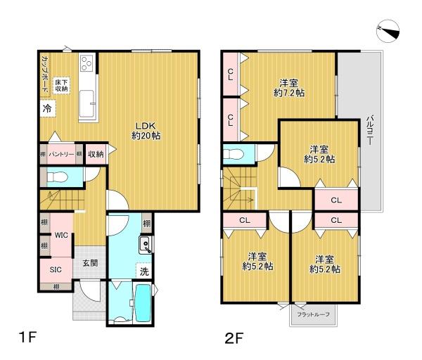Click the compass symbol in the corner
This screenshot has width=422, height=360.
(388, 31)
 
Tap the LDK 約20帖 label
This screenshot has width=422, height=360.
(146, 131)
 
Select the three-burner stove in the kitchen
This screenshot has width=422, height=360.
(87, 63)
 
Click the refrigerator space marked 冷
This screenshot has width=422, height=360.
(48, 108)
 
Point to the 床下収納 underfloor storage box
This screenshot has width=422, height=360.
(62, 86)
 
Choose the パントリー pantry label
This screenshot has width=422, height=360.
(61, 154)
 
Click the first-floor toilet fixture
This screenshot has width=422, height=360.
(57, 177)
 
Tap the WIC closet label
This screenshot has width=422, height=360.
(61, 235)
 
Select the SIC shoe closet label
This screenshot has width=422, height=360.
(56, 269)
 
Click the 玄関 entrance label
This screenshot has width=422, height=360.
(90, 263)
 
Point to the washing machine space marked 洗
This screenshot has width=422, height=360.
(144, 271)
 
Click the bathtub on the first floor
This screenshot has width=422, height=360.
(143, 303)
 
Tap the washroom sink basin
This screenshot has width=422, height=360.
(146, 245)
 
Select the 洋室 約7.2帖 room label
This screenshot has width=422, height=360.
(289, 88)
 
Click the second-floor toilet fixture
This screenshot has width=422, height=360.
(234, 155)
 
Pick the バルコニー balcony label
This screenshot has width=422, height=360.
(371, 130)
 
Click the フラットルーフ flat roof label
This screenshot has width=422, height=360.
(313, 314)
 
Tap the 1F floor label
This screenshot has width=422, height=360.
(27, 337)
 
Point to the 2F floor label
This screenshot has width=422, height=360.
(234, 338)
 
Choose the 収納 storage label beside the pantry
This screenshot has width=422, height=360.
(96, 154)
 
